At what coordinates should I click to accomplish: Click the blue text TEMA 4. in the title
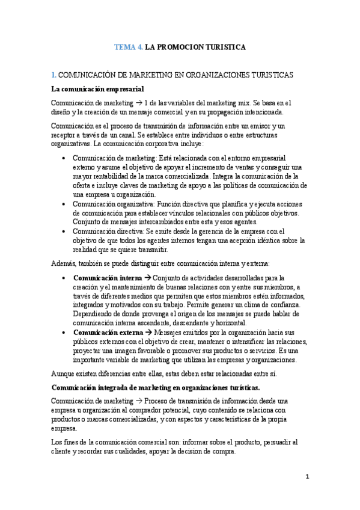(128, 46)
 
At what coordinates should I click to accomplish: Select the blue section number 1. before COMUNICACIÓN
(53, 75)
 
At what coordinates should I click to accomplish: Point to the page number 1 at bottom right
(307, 477)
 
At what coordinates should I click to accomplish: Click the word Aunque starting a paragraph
(64, 373)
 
